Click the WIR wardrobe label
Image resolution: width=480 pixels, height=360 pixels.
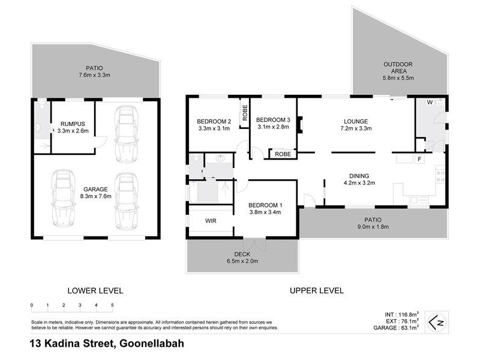[210, 221]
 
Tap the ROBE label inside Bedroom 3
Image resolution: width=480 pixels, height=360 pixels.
[281, 154]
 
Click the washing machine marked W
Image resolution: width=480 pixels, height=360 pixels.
[429, 102]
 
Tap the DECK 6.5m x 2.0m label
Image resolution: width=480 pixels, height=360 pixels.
[243, 257]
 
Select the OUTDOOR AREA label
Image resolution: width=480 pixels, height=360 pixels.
[398, 71]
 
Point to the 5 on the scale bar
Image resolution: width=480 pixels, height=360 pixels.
[112, 305]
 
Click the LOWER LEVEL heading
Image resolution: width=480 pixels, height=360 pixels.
[95, 290]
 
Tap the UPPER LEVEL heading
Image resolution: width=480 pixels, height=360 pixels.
[316, 290]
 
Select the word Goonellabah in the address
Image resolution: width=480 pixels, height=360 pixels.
[152, 344]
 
